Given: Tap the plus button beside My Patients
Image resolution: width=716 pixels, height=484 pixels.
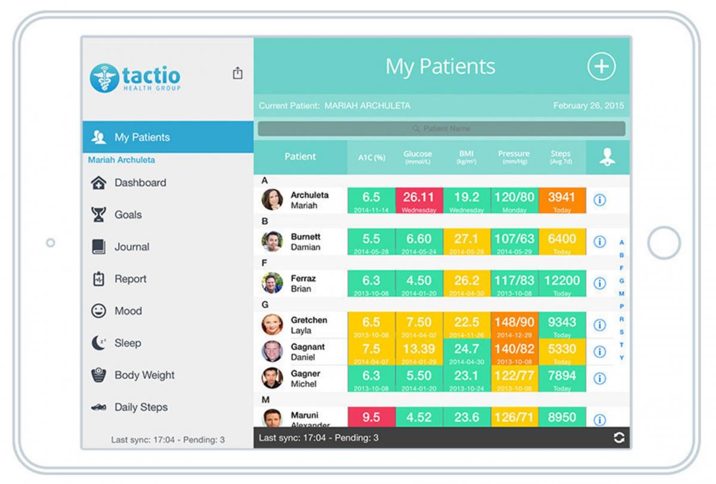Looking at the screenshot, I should pos(601,66).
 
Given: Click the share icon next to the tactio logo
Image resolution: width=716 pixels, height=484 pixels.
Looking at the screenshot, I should pos(237,73).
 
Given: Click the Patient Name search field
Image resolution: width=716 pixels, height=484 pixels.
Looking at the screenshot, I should pos(442,129).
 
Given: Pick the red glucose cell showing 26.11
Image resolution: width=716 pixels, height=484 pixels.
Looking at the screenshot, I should pos(419,200).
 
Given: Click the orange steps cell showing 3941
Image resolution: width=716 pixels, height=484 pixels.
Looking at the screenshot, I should pos(561,200).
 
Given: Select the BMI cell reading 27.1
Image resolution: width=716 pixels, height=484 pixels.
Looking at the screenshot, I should pos(467,242).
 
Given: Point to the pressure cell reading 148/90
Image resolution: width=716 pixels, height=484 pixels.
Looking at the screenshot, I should pos(514,325).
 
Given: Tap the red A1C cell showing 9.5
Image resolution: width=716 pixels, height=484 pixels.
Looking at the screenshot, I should pos(371,417).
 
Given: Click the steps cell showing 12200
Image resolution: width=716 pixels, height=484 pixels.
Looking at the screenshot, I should pos(561,283).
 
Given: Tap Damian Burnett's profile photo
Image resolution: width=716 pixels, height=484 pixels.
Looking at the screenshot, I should pos(272,242).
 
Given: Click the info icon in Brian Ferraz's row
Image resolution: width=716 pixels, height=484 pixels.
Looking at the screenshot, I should pos(600,283).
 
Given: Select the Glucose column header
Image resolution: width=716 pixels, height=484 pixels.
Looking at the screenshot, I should pos(418,157).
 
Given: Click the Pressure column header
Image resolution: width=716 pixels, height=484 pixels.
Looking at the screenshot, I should pos(514,157).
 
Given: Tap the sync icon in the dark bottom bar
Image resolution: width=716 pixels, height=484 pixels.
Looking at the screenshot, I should pos(619,437).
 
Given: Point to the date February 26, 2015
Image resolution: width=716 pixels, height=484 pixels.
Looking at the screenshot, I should pos(588,106).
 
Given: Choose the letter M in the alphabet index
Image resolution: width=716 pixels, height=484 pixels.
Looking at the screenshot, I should pos(622,294).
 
